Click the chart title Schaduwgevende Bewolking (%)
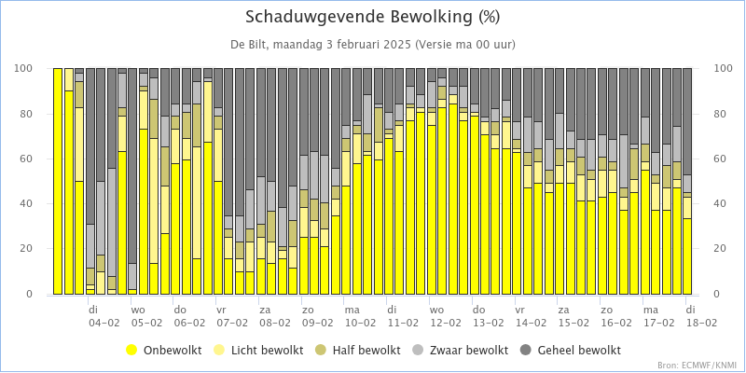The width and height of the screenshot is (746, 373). [373, 17]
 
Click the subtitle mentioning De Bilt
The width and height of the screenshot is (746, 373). [373, 44]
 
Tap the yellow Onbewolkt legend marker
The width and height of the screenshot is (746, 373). [131, 350]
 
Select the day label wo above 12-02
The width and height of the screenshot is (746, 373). [435, 309]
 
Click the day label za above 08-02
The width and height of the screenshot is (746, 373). [265, 309]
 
